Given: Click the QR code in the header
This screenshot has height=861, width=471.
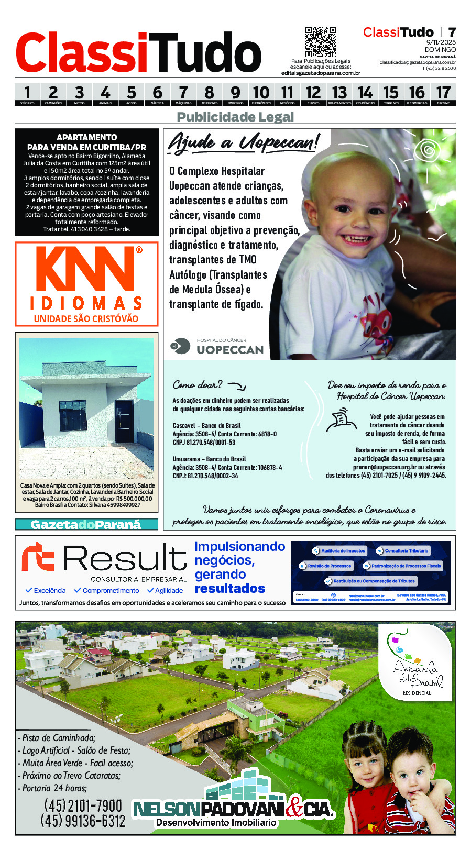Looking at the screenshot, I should pos(320,41).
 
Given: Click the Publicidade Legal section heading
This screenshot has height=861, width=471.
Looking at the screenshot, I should pos(235,117).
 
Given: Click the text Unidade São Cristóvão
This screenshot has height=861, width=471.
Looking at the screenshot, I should pos(86,318).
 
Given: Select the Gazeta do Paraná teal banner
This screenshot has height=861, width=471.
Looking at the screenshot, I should pos(86,524).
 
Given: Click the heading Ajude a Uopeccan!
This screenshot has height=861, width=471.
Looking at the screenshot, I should pos(243,142).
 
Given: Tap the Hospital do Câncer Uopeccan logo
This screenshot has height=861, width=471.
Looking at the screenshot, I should pos(218,347).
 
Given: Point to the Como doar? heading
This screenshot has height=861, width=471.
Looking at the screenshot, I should pos(198,384).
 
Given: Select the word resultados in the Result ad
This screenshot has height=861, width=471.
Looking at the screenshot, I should pos(230,588).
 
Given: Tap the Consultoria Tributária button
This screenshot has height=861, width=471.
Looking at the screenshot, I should pos(402,550).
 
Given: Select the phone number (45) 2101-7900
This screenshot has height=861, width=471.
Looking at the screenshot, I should pos(83,805).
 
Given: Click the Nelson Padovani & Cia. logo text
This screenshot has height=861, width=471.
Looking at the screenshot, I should pos(233,810).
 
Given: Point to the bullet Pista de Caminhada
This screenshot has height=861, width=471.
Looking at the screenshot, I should pos(58,737).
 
